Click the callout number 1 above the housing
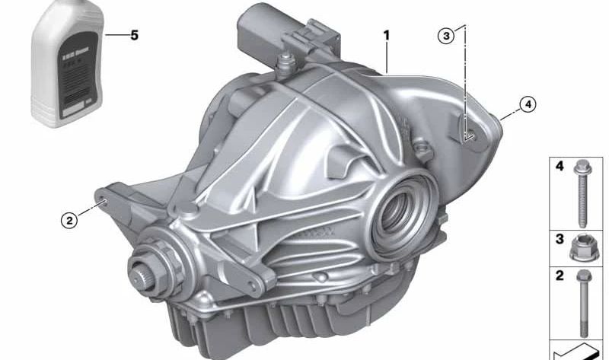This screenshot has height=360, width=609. (387, 35)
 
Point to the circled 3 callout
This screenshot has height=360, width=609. (447, 35)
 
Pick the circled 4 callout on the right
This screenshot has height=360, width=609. (527, 104)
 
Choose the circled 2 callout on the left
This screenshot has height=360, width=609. (69, 221)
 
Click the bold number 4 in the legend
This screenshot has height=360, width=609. (560, 165)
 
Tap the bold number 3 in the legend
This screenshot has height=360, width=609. (560, 239)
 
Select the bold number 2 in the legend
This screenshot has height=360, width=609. (560, 276)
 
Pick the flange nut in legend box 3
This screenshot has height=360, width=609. (584, 248)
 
